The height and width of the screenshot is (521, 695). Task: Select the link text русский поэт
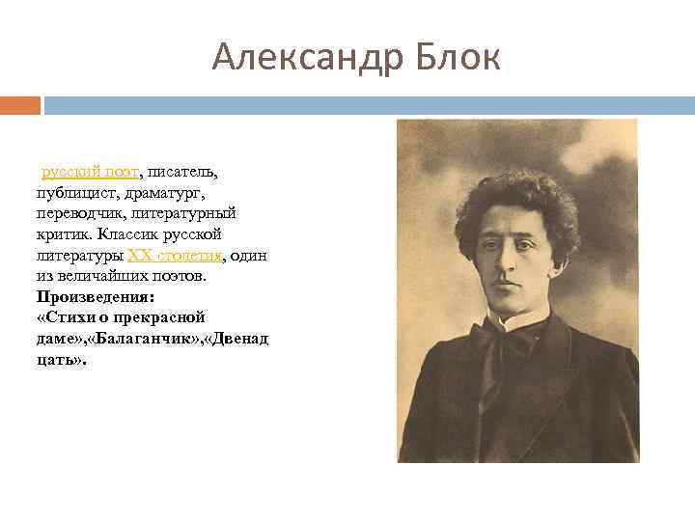click(x=90, y=172)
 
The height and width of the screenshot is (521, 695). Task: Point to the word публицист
click(x=78, y=193)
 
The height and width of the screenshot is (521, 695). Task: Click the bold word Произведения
click(x=94, y=296)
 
